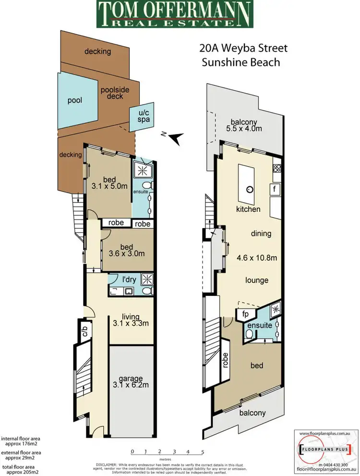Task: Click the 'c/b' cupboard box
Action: click(84, 331)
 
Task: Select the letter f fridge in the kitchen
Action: click(275, 189)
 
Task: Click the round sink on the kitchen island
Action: click(249, 189)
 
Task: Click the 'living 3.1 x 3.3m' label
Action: click(130, 320)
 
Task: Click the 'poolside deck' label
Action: click(111, 93)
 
